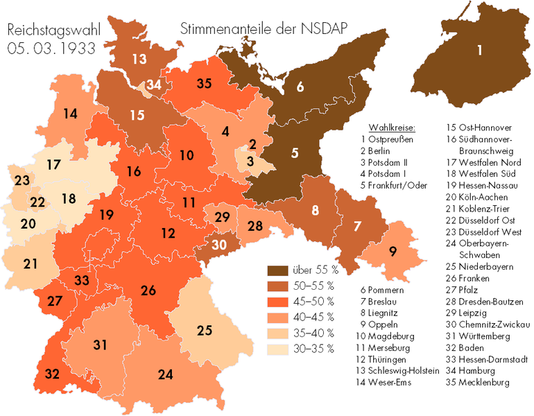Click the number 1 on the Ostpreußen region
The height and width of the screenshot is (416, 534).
coord(480,49)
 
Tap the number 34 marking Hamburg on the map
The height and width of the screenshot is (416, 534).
coord(153,85)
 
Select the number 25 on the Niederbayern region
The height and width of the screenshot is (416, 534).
coord(204,331)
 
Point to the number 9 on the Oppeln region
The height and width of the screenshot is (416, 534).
coord(393,252)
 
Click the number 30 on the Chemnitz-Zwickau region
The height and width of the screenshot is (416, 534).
coord(218,244)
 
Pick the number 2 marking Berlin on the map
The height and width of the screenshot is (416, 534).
coord(253,144)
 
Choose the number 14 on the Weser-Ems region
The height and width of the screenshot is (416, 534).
coord(69,114)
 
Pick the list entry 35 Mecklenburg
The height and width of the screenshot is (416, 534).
coord(479,382)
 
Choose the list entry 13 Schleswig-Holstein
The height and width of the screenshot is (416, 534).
coord(399,371)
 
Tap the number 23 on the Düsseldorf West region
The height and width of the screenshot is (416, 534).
coord(22,181)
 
